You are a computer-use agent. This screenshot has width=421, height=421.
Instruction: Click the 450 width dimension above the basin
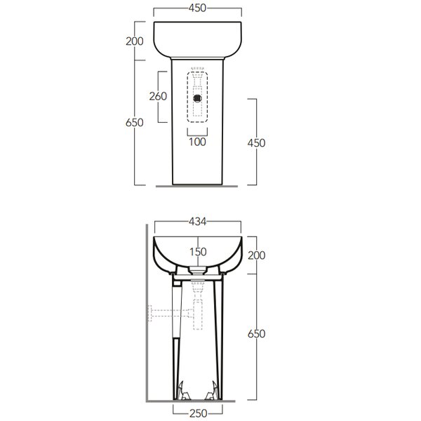(197, 8)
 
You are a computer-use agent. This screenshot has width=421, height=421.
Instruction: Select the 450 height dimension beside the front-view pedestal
(256, 143)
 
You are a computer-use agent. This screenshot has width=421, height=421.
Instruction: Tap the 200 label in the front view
(135, 41)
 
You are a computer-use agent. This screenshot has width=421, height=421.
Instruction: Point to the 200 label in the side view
(256, 255)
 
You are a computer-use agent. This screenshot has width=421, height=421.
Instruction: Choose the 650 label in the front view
(135, 122)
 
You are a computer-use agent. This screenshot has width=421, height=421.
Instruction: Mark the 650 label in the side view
(256, 333)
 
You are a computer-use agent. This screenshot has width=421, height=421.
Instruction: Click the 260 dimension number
(158, 96)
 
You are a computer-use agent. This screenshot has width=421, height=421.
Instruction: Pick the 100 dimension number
(197, 142)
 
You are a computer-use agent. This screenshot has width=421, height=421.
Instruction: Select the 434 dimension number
(198, 222)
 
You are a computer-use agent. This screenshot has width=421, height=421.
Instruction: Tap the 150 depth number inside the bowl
(198, 252)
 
